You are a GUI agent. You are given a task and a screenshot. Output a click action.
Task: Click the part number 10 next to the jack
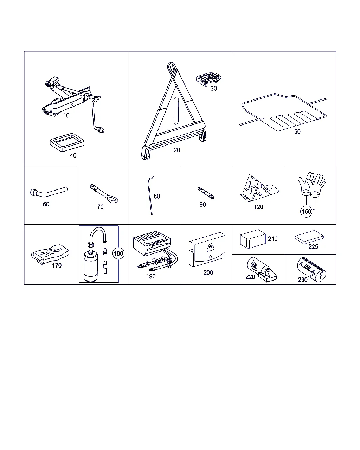tap(66, 115)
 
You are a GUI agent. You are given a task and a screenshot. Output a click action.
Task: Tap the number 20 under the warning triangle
tap(177, 150)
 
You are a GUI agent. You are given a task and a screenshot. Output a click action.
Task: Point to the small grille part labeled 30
tap(208, 79)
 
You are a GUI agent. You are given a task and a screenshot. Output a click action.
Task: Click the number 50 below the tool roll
tap(297, 131)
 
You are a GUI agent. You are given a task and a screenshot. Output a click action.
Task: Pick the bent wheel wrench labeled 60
tap(49, 192)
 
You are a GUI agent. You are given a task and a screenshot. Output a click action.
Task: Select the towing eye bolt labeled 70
tap(104, 193)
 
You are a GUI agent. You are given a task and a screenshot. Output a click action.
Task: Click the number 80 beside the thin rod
tap(157, 196)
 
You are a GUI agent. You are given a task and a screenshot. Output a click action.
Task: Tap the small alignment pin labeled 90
tap(206, 193)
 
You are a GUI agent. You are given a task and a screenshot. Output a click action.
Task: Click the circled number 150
tap(306, 212)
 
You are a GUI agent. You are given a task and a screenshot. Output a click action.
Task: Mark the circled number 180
tap(118, 253)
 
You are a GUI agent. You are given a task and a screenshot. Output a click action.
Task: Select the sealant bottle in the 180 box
tap(91, 266)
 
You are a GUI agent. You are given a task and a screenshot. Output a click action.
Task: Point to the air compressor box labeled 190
tap(152, 243)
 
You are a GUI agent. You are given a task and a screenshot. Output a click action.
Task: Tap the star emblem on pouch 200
tap(211, 247)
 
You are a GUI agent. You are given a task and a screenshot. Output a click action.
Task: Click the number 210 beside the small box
tap(272, 239)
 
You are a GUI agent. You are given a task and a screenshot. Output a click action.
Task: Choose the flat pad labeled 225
tap(309, 237)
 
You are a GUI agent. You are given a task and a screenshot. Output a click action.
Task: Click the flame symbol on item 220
tap(253, 265)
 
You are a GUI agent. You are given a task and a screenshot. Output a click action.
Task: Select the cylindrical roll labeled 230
tap(312, 270)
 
